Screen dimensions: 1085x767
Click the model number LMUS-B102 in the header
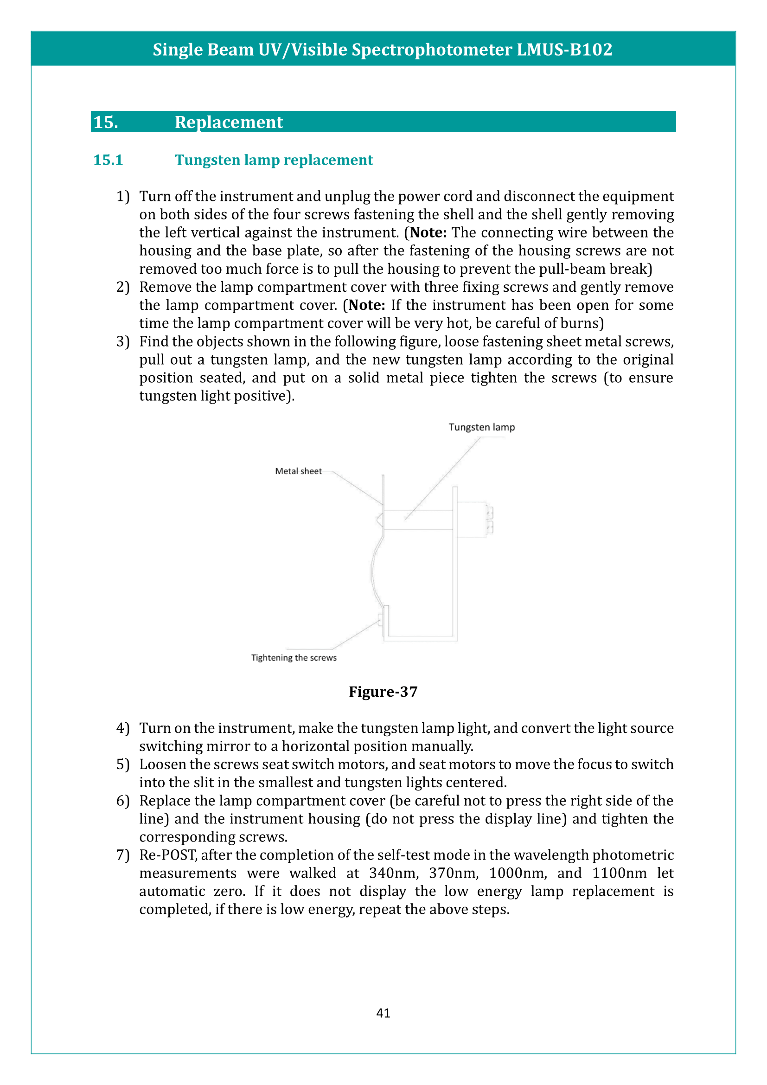click(x=564, y=50)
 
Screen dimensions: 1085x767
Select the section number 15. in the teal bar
click(x=106, y=122)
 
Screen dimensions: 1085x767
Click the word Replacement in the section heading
click(x=229, y=122)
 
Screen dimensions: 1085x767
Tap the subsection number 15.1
click(x=108, y=160)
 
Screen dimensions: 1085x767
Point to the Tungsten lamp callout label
click(x=481, y=427)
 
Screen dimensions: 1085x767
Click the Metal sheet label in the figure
click(x=298, y=471)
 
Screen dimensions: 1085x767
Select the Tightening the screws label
click(x=294, y=658)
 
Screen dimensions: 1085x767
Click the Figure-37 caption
click(x=383, y=692)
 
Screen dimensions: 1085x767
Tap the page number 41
click(x=383, y=1013)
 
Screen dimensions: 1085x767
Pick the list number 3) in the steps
click(x=123, y=341)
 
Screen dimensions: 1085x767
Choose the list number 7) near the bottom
click(x=123, y=855)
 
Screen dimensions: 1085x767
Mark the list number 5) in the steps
click(x=123, y=764)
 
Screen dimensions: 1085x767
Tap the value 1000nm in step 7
click(x=518, y=873)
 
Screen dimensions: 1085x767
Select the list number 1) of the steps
click(x=123, y=196)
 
